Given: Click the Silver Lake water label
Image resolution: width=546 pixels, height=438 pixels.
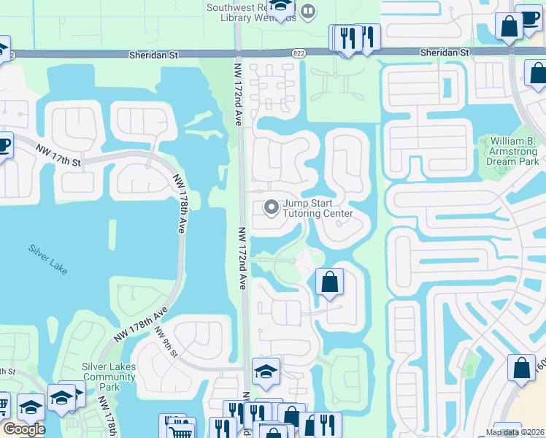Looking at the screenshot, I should (49, 258).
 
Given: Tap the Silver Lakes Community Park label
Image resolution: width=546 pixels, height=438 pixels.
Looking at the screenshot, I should (109, 372).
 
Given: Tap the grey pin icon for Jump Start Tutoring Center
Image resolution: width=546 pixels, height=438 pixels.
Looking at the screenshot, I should (272, 208).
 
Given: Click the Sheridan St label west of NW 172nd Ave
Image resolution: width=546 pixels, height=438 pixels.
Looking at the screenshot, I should (153, 54).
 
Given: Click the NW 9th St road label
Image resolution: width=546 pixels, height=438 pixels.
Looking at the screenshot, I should (166, 342).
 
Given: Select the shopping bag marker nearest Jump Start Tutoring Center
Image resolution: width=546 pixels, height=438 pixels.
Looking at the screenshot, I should (329, 282).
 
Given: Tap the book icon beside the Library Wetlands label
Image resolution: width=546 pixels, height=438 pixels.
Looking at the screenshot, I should (308, 11).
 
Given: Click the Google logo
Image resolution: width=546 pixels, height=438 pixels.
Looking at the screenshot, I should (23, 429).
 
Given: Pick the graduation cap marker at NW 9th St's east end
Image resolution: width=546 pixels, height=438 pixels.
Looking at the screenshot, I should (266, 372).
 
